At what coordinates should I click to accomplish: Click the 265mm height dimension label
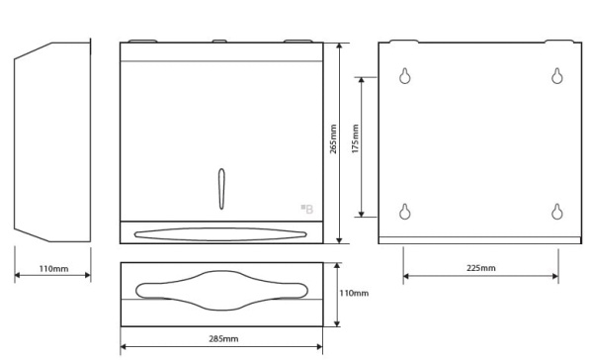click(333, 138)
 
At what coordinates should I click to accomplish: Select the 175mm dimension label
click(356, 138)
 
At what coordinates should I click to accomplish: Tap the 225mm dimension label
click(481, 268)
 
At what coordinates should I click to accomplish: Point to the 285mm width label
click(224, 338)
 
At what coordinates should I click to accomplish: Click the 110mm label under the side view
click(54, 269)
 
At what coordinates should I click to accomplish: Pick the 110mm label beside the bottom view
click(354, 293)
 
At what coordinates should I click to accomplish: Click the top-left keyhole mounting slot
click(405, 76)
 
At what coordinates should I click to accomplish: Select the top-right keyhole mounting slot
click(556, 76)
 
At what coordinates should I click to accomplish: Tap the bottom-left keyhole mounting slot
click(405, 212)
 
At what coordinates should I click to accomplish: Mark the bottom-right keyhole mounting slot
click(556, 212)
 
